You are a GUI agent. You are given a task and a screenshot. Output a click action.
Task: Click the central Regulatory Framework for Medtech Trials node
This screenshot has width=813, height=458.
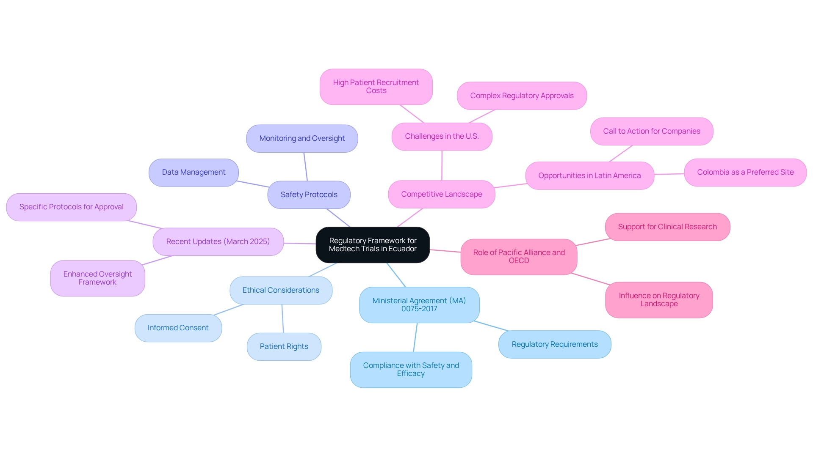(x=373, y=245)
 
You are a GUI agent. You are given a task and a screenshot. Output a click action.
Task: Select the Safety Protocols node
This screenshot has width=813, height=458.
(x=309, y=195)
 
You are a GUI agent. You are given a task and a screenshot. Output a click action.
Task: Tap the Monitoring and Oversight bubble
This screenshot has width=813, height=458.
(x=302, y=138)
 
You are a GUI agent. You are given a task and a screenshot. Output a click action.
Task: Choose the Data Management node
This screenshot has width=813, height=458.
(x=194, y=172)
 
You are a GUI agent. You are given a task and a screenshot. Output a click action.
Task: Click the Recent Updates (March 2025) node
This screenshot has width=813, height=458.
(x=218, y=241)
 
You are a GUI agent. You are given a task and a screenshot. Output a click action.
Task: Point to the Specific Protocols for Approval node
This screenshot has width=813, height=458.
(x=71, y=207)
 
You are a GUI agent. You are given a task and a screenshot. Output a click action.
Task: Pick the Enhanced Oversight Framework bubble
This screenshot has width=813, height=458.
(x=97, y=278)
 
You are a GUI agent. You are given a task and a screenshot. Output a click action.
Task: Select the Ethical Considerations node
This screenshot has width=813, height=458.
(x=281, y=290)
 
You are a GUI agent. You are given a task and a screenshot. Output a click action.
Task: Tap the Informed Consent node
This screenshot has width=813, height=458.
(x=178, y=328)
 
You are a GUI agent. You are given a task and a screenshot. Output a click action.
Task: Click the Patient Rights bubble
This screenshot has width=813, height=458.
(x=284, y=346)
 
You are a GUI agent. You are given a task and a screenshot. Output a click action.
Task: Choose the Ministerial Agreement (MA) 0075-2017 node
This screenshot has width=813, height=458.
(x=419, y=304)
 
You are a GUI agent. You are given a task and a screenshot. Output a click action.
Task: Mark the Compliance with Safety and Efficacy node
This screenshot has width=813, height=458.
(x=411, y=369)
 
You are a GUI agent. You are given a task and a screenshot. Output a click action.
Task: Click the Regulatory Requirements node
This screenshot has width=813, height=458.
(x=554, y=344)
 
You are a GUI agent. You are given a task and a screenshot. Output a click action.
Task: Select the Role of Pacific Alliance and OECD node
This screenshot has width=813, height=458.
(x=519, y=256)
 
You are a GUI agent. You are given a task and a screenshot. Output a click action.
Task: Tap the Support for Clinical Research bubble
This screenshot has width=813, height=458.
(x=667, y=227)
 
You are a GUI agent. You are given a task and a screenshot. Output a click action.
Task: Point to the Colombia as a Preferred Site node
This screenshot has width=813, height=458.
(x=745, y=172)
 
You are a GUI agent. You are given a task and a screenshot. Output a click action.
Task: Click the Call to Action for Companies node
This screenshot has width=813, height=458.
(x=651, y=131)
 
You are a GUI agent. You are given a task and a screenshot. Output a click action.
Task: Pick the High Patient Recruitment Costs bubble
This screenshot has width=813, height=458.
(x=376, y=86)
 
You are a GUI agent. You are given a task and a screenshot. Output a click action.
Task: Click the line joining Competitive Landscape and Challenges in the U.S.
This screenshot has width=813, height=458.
(x=442, y=165)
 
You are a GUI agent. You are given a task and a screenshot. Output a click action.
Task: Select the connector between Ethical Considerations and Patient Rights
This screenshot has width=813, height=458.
(x=282, y=318)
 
